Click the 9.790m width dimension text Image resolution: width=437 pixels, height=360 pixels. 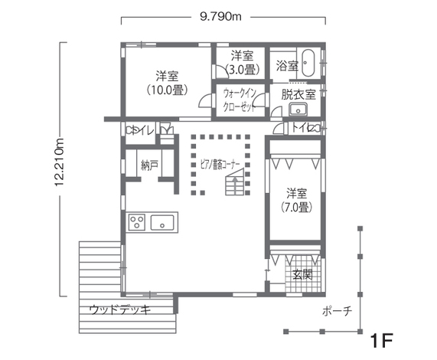click(222, 14)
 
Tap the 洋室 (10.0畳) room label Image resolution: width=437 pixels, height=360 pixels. click(167, 83)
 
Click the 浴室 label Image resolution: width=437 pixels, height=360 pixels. click(287, 67)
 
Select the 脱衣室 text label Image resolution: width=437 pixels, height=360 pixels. click(298, 95)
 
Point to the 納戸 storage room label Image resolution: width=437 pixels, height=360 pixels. click(150, 165)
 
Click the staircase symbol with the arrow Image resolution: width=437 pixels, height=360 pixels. click(235, 184)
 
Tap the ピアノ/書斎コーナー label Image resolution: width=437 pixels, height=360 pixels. click(220, 165)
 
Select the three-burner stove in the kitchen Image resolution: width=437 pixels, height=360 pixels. click(138, 223)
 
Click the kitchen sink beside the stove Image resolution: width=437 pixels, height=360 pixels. click(163, 223)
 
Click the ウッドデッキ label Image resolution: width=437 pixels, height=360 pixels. click(120, 309)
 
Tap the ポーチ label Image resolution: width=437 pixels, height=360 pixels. click(337, 311)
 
